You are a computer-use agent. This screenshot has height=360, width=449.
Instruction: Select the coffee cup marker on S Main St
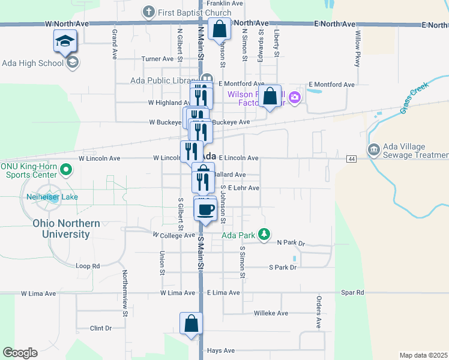205,210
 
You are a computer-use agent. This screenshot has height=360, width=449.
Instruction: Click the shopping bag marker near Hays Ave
191,323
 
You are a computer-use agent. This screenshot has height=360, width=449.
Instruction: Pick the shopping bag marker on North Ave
220,28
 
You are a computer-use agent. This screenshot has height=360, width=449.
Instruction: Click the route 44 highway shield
351,158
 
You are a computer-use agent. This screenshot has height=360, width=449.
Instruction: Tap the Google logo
20,353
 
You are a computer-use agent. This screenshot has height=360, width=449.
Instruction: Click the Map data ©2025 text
423,355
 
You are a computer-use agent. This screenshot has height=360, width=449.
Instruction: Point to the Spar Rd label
352,293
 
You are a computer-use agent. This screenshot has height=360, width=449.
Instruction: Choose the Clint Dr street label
100,328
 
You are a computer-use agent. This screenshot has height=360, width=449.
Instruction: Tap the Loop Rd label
87,266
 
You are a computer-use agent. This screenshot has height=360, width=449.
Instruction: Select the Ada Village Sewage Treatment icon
373,149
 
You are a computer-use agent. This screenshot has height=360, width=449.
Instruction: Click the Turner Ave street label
157,59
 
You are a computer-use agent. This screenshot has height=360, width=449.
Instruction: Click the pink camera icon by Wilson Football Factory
294,97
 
